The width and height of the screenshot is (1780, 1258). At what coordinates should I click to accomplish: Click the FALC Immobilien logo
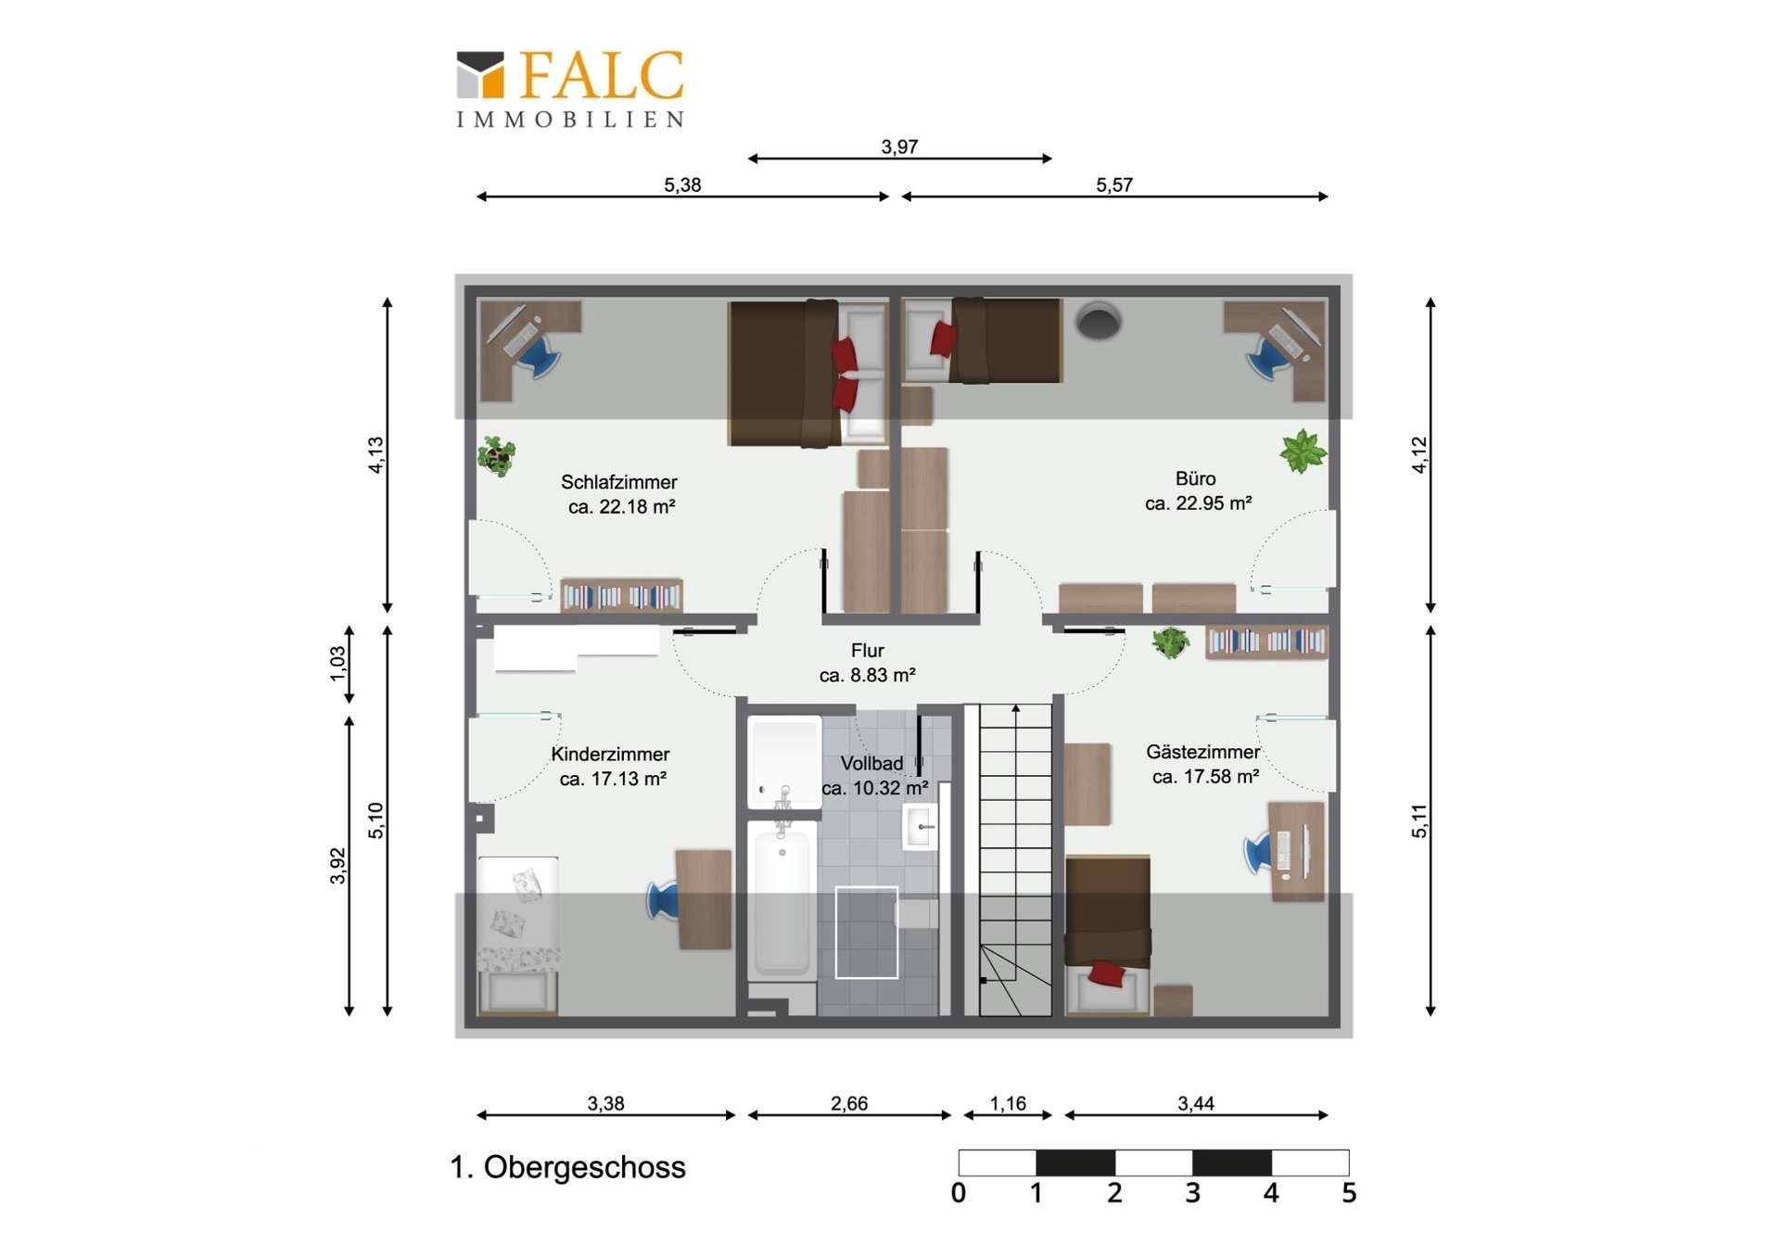point(570,89)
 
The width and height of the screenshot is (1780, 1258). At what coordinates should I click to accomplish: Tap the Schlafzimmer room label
point(619,482)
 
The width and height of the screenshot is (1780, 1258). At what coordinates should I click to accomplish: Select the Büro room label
point(1195,478)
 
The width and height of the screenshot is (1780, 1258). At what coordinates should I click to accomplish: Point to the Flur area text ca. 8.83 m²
point(868,675)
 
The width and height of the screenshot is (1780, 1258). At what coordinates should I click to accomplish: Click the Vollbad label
point(871,763)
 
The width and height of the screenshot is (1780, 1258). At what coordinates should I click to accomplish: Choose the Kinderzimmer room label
point(610,755)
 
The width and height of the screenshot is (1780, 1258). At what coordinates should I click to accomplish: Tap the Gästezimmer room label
point(1202,752)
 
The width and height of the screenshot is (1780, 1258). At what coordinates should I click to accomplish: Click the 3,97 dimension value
point(899,146)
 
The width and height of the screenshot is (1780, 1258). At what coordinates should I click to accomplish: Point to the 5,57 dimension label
point(1114,184)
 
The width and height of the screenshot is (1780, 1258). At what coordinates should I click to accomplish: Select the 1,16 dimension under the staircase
point(1008,1103)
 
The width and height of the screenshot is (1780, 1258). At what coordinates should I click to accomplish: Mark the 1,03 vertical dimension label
point(337,663)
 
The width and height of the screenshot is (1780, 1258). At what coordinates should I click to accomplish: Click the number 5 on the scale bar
point(1349,1192)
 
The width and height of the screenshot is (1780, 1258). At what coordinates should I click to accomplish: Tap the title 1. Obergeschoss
point(567,1166)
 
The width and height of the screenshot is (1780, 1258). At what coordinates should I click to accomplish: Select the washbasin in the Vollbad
point(919,826)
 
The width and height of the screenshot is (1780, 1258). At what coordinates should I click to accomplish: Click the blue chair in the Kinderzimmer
point(664,900)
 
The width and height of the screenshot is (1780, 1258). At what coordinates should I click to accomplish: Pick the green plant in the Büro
point(1303,451)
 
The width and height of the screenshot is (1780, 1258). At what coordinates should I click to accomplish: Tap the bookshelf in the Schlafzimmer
point(621,595)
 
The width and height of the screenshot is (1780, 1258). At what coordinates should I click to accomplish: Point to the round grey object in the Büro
point(1099,320)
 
